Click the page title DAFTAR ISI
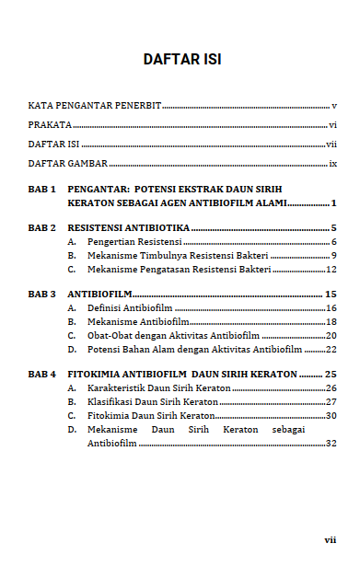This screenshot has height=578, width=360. (181, 60)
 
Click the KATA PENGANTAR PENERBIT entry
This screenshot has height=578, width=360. (94, 106)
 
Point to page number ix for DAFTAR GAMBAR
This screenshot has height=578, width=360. (332, 164)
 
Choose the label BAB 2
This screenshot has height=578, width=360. (42, 227)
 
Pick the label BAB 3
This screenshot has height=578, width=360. (42, 294)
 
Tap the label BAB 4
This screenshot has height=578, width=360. (42, 375)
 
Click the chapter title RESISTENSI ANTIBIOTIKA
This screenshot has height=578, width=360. (129, 227)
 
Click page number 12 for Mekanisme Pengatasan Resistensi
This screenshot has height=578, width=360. (331, 270)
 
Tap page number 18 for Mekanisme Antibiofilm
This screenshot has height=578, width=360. (331, 322)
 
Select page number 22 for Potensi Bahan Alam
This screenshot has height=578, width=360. (331, 350)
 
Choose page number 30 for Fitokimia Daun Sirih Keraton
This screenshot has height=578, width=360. (331, 416)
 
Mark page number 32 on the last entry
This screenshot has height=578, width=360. (331, 443)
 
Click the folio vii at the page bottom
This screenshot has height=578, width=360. (330, 540)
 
